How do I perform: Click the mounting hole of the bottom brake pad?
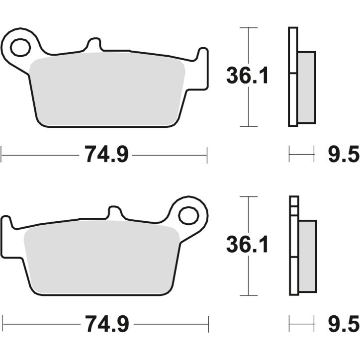[x=188, y=216]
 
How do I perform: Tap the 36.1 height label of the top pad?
[x=247, y=76]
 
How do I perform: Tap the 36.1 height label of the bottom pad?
[x=247, y=245]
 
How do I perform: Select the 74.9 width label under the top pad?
[x=106, y=155]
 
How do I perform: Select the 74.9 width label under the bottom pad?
[x=106, y=324]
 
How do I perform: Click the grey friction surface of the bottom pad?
[x=102, y=259]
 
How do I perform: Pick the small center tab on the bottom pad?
[x=115, y=212]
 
